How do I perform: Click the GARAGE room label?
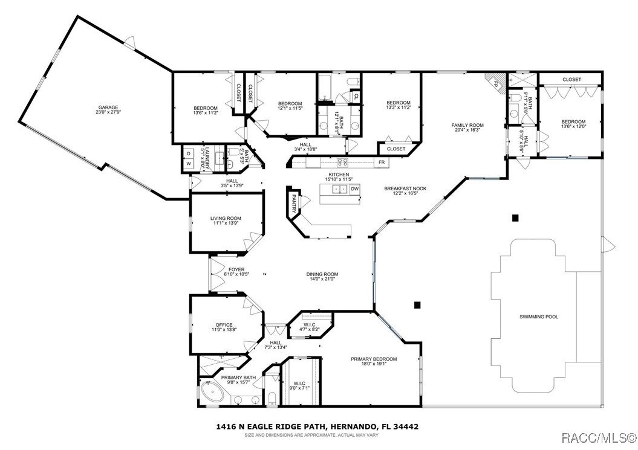pyautogui.click(x=109, y=107)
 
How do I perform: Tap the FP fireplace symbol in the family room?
pyautogui.click(x=494, y=82)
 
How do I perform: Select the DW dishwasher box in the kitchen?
pyautogui.click(x=355, y=189)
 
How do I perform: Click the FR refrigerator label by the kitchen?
pyautogui.click(x=382, y=162)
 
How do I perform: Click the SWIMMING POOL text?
pyautogui.click(x=538, y=317)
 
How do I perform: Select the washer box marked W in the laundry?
pyautogui.click(x=188, y=164)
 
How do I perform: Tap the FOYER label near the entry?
pyautogui.click(x=236, y=269)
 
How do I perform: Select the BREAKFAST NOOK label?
pyautogui.click(x=405, y=188)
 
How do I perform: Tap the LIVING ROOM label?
pyautogui.click(x=226, y=218)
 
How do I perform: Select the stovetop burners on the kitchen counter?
pyautogui.click(x=342, y=162)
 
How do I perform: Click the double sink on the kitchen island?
pyautogui.click(x=339, y=189)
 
